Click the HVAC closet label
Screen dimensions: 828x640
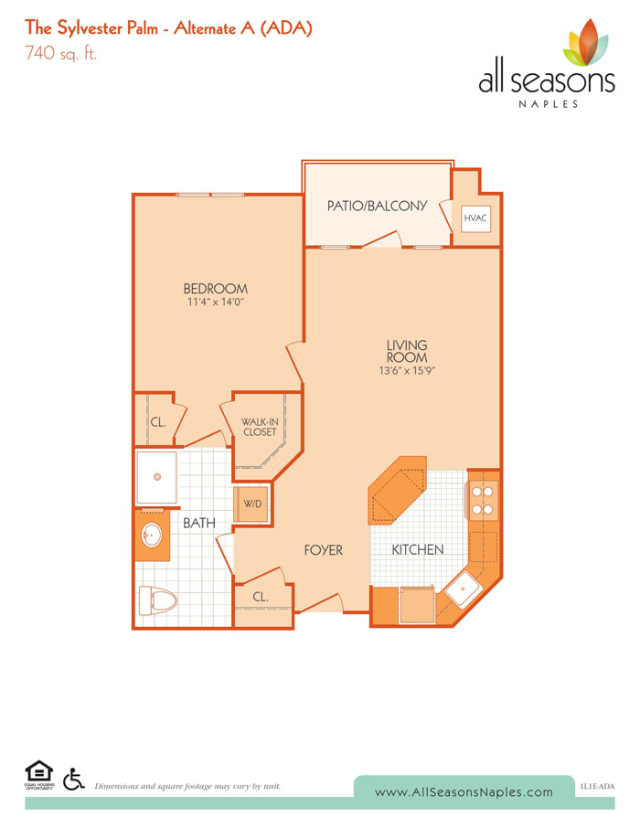click(x=475, y=218)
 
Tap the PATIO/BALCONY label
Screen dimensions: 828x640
click(x=377, y=207)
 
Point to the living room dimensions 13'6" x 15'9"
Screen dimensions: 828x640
click(x=407, y=371)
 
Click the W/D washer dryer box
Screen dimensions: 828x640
click(x=252, y=504)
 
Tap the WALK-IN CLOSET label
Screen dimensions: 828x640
click(x=260, y=427)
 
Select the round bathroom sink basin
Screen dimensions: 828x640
click(x=151, y=536)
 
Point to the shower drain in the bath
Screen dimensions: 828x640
click(x=157, y=476)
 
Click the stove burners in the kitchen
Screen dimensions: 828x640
click(x=483, y=500)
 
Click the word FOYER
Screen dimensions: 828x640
click(x=324, y=550)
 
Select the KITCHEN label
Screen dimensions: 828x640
click(x=418, y=550)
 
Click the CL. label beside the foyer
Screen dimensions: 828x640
click(x=261, y=597)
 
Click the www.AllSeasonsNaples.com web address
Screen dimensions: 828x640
click(x=464, y=791)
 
